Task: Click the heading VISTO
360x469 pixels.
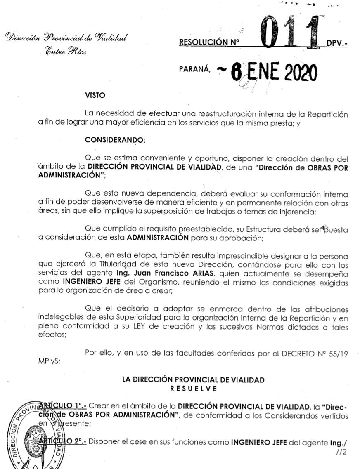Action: point(95,96)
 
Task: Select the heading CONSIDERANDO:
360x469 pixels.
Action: point(115,140)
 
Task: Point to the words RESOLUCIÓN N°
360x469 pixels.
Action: point(211,42)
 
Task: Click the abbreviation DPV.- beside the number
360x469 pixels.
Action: point(337,43)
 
